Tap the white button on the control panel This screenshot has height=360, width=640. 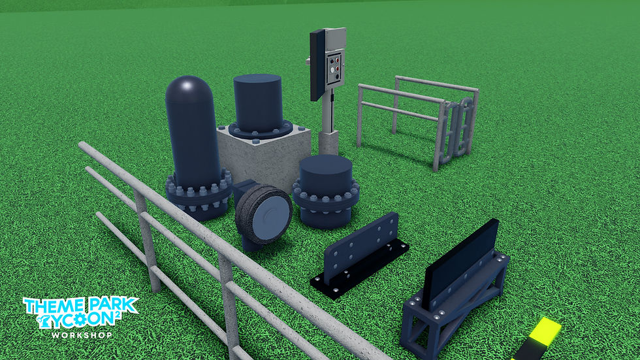point(332,70)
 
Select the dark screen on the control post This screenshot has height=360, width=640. point(317,65)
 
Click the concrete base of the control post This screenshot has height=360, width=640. point(328,142)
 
